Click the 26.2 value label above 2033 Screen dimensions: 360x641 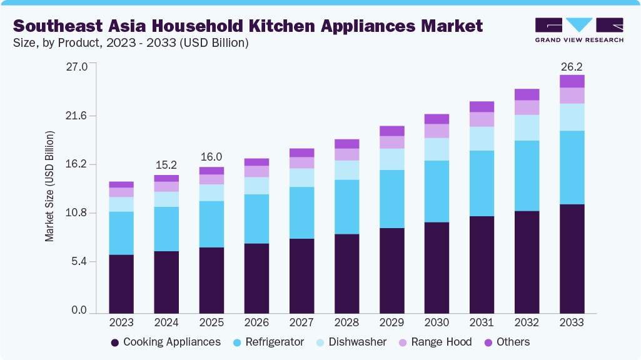point(572,66)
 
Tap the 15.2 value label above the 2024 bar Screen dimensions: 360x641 point(166,166)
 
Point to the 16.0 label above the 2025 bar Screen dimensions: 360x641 point(211,157)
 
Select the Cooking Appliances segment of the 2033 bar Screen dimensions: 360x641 point(572,258)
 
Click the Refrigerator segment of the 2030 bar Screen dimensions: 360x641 point(437,191)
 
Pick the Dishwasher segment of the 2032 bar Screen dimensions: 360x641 point(527,127)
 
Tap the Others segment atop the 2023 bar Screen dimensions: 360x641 point(121,184)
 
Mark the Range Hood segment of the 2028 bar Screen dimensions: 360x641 point(346,154)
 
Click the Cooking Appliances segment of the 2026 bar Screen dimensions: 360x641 point(256,277)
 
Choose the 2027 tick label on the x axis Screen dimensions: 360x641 point(301,323)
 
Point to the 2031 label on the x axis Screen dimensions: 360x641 point(482,323)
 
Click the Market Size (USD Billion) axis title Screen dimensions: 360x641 point(50,186)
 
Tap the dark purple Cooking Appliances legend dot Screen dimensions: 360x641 point(115,342)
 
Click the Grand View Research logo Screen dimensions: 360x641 point(578,29)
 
